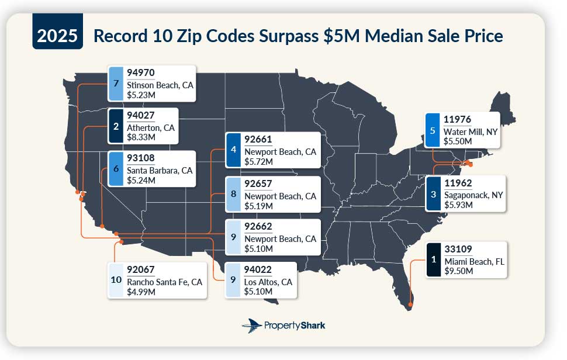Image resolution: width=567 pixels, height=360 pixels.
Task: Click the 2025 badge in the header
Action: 58,36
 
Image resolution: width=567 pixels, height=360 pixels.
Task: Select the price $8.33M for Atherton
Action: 141,137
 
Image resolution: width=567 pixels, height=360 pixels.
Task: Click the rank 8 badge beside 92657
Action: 233,193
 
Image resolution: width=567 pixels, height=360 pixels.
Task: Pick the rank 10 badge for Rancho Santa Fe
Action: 116,281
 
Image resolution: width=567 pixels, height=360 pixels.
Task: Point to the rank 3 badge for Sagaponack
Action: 433,193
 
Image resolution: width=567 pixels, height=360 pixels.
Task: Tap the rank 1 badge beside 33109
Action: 433,259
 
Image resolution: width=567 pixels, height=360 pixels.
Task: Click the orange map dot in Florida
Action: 411,304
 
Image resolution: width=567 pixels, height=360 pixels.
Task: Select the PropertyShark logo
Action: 283,326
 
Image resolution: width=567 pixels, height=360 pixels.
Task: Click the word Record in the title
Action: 121,36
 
